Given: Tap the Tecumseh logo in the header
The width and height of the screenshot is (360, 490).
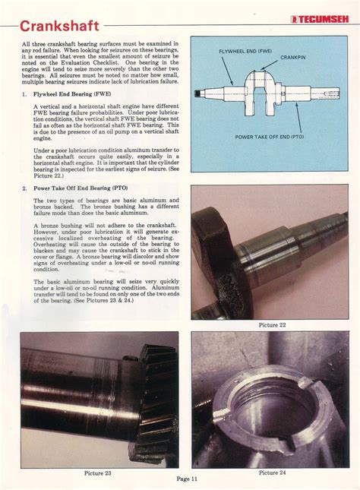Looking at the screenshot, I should click(x=319, y=20).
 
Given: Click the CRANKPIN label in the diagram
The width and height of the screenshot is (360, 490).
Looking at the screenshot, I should click(x=294, y=57).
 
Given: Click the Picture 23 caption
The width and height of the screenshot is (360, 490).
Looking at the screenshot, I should click(x=97, y=473).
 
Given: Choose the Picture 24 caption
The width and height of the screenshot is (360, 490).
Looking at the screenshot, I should click(x=273, y=473).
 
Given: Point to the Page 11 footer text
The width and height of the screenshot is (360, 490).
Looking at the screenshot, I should click(x=187, y=479).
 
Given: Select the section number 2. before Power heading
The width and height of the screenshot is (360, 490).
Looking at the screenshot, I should click(x=24, y=187).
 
